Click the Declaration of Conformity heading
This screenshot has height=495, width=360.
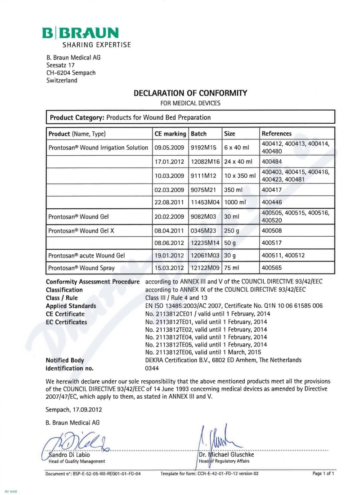(x=190, y=94)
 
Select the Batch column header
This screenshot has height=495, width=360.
(x=199, y=134)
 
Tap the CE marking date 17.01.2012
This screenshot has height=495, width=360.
(x=169, y=161)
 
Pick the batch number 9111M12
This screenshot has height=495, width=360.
(x=203, y=175)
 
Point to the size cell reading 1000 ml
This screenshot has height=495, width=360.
(x=235, y=202)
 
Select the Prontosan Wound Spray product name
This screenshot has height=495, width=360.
(x=81, y=268)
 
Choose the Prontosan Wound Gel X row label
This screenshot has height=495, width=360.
(x=81, y=230)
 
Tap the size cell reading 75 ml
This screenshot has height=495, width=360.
(x=233, y=268)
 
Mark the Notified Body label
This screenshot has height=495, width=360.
(x=65, y=360)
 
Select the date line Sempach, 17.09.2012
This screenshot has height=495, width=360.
(x=74, y=409)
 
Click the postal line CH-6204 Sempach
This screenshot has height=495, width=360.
(x=71, y=73)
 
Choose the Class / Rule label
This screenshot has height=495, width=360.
(x=62, y=298)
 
